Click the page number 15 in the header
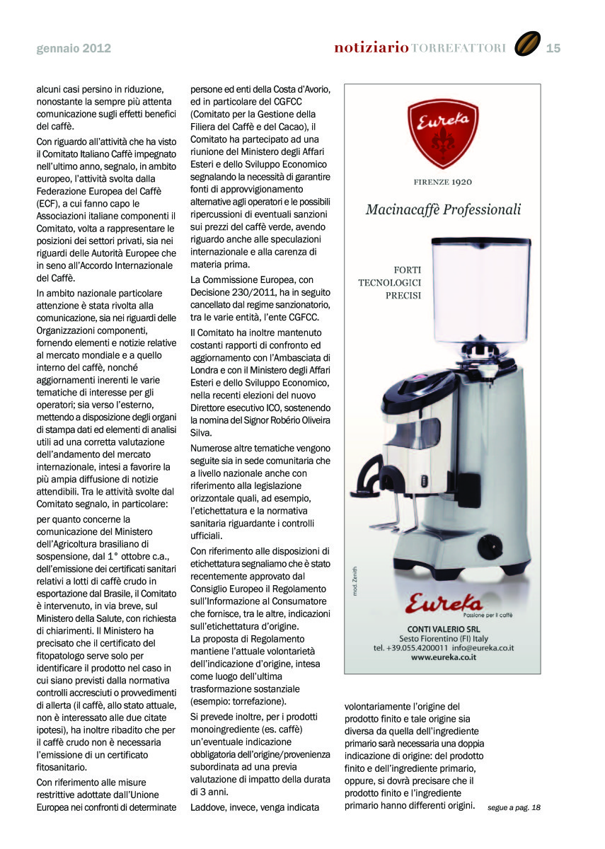click(x=553, y=48)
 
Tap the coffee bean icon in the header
click(x=526, y=45)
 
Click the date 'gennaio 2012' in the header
click(x=74, y=49)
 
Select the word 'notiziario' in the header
click(x=371, y=48)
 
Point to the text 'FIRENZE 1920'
click(x=443, y=182)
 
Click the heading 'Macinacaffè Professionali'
click(x=443, y=209)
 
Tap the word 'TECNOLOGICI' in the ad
click(x=389, y=282)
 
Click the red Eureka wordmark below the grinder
click(x=444, y=603)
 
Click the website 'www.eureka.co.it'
click(x=444, y=657)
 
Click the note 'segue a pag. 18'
click(x=514, y=807)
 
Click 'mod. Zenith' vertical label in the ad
click(x=355, y=580)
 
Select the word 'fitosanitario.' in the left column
click(x=62, y=767)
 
